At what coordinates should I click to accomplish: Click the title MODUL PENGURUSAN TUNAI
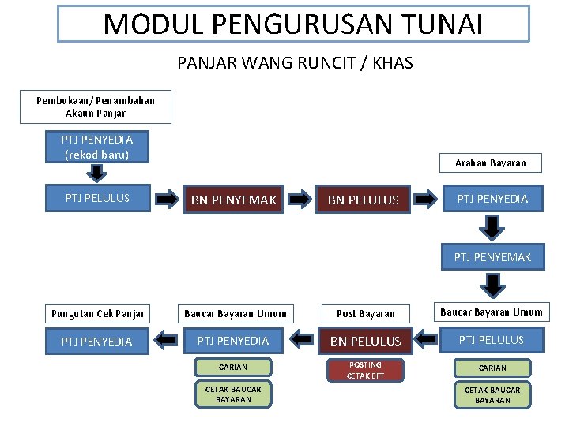[x=293, y=24]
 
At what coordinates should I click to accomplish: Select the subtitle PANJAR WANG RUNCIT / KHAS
[x=295, y=63]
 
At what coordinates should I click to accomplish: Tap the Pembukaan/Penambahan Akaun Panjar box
[x=96, y=107]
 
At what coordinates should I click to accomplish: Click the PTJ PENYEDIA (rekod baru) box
[x=97, y=148]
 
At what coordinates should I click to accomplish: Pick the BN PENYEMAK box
[x=235, y=200]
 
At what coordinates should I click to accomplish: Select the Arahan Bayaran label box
[x=491, y=163]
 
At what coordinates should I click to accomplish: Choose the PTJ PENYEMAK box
[x=492, y=257]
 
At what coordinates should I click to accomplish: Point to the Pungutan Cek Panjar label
[x=98, y=314]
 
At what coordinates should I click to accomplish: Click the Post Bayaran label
[x=365, y=314]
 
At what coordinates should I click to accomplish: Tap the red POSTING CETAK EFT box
[x=365, y=370]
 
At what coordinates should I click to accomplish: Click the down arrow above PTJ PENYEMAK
[x=492, y=227]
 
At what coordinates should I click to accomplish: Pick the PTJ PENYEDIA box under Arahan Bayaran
[x=492, y=199]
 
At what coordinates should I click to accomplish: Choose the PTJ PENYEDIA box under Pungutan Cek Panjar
[x=97, y=341]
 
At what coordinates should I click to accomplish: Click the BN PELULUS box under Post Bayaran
[x=365, y=341]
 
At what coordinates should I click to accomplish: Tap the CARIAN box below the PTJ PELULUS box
[x=492, y=368]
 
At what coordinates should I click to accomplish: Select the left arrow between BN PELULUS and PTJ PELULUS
[x=427, y=339]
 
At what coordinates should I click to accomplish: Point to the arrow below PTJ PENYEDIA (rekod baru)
[x=96, y=174]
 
